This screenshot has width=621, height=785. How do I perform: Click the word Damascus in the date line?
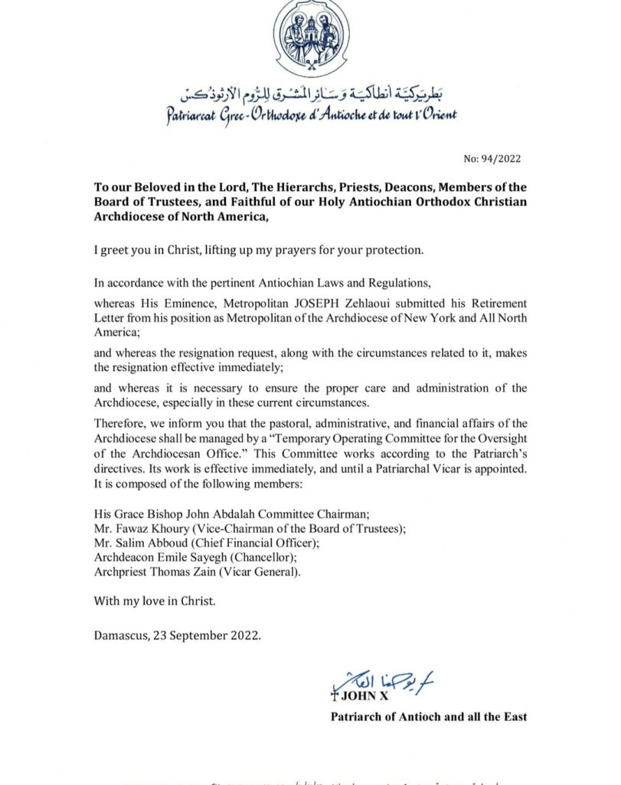pyautogui.click(x=123, y=636)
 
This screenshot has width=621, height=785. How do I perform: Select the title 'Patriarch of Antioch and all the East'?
pyautogui.click(x=428, y=718)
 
